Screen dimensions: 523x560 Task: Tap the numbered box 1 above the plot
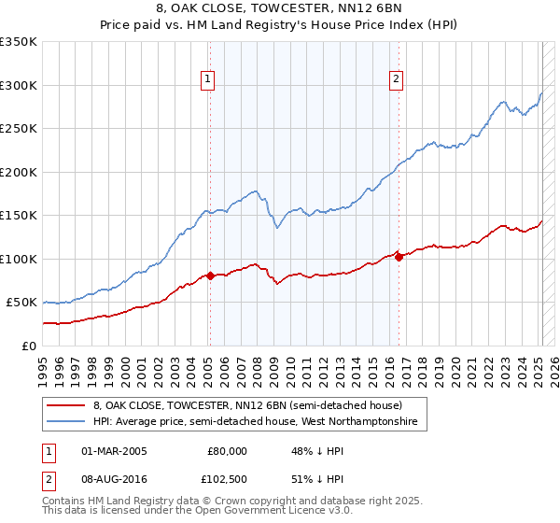[x=206, y=79]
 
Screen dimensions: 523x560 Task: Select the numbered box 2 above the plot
[x=397, y=79]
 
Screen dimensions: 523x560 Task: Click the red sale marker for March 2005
[x=210, y=276]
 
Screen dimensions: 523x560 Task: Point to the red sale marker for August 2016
[x=399, y=257]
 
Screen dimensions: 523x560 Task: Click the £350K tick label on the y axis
[x=19, y=42]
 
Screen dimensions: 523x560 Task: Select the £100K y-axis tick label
[x=19, y=259]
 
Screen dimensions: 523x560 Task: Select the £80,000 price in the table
[x=227, y=451]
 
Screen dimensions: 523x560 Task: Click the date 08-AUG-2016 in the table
[x=115, y=477]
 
